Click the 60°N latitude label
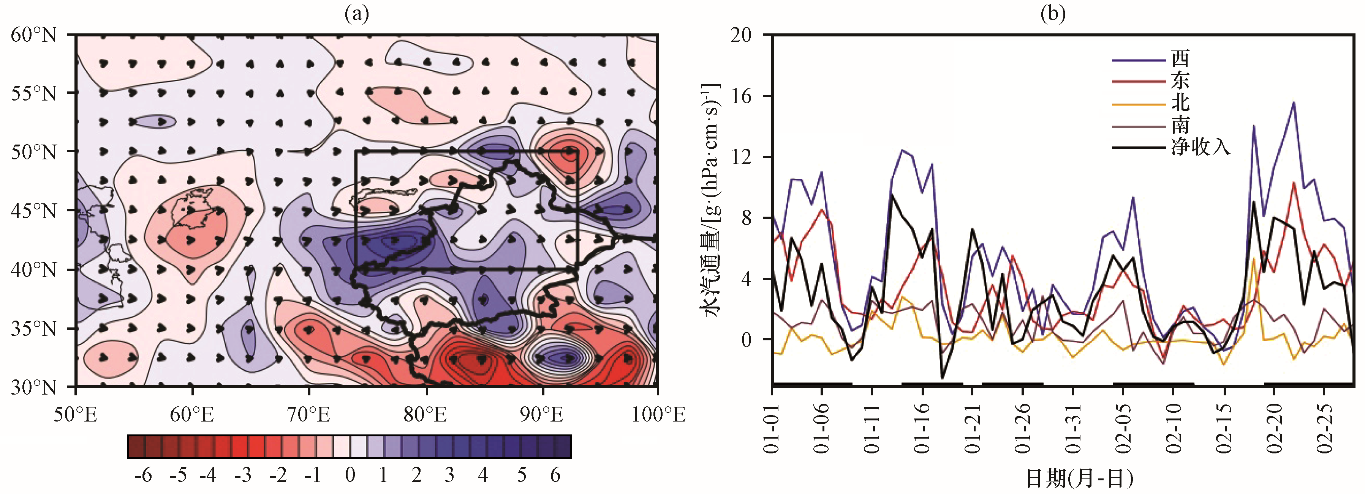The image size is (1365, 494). tap(33, 35)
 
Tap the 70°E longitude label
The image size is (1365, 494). tap(308, 414)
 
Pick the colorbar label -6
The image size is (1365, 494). tap(143, 475)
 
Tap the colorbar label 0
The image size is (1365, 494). tap(350, 475)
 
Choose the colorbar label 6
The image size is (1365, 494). tap(555, 475)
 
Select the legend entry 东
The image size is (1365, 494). tap(1180, 80)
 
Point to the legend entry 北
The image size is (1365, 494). tap(1180, 103)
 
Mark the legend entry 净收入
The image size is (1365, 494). tap(1200, 147)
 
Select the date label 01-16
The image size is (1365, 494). tap(922, 428)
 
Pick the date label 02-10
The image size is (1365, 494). tap(1173, 428)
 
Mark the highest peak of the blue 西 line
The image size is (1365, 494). tap(1294, 102)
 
